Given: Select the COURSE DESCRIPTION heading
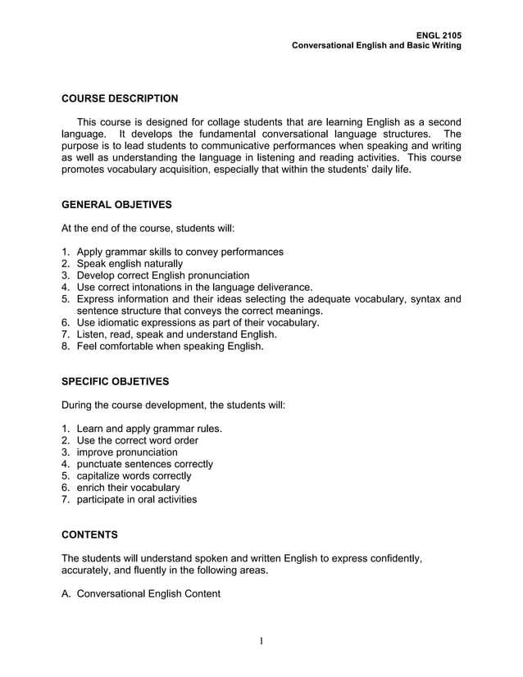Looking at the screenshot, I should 120,99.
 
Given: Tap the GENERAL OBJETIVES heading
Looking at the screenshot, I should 116,204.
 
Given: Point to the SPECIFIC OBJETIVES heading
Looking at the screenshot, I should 116,382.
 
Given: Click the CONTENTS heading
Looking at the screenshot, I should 90,535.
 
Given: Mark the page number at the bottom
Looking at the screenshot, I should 261,641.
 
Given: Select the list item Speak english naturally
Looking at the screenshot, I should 129,264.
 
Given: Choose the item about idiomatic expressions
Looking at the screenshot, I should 198,323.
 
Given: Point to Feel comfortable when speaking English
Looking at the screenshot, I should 170,347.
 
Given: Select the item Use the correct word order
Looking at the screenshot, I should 137,441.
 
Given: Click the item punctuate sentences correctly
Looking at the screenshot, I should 144,464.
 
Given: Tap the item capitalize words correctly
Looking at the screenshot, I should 134,476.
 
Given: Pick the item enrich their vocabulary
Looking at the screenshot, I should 128,488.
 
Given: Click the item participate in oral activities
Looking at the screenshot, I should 136,499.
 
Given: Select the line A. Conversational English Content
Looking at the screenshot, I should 141,593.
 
